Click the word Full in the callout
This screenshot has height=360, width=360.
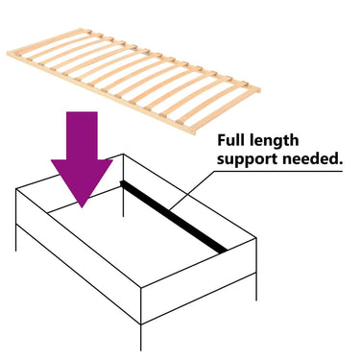pos(230,140)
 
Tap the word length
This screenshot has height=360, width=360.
pos(274,141)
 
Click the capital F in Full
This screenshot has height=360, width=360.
pos(221,140)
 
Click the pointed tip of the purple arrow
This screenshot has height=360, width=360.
pos(82,207)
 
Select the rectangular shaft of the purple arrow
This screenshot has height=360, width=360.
pos(82,135)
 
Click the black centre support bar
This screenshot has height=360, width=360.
pos(174,217)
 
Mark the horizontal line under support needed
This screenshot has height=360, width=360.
pos(278,171)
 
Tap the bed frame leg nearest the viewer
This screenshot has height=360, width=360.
pos(141,337)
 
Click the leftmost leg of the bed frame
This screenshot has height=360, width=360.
pos(16,237)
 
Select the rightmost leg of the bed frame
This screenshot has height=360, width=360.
pos(256,287)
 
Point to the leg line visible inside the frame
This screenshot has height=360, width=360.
pos(123,203)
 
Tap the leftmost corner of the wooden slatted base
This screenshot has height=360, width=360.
pos(7,54)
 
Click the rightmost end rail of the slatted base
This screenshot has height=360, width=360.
pos(227,110)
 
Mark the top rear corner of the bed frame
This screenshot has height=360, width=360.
pos(124,155)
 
